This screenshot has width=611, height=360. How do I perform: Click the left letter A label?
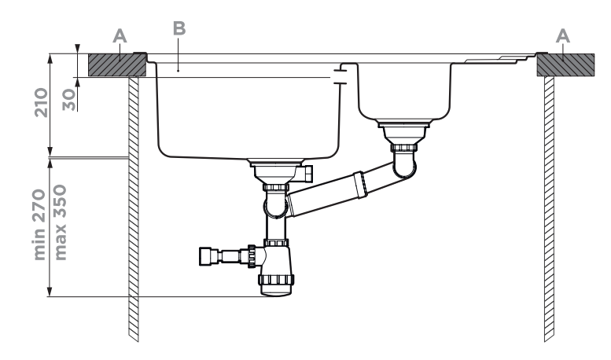[x=119, y=35]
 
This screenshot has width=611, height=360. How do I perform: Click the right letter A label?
[x=563, y=35]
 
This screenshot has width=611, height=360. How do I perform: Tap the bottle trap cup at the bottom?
[x=275, y=285]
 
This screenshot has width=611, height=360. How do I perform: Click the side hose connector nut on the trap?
[x=212, y=255]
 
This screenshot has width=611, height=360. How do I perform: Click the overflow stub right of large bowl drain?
[x=308, y=171]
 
